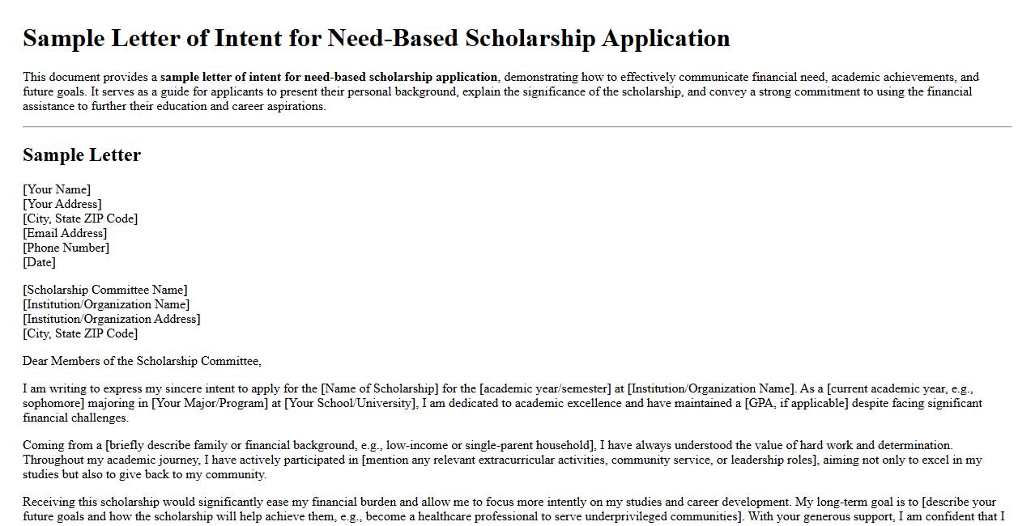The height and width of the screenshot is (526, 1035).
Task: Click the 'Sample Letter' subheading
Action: point(82,155)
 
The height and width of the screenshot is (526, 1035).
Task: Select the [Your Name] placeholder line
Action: point(57,189)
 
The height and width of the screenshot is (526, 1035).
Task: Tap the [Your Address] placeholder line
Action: point(62,204)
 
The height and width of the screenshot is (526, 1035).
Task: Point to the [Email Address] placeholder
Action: point(65,233)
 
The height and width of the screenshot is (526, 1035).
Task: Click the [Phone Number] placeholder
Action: point(66,248)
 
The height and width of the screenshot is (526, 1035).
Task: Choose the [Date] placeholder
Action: point(39,262)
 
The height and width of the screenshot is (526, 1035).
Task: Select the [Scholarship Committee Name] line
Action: point(105,290)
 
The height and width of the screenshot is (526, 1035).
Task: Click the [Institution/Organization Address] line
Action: point(112,319)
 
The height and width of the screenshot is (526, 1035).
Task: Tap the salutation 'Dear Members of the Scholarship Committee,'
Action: point(142,361)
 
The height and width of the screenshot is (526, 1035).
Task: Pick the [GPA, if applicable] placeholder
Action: point(796,403)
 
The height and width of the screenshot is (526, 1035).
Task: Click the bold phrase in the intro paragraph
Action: point(329,78)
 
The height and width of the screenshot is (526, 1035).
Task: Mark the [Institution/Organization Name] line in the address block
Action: point(106,304)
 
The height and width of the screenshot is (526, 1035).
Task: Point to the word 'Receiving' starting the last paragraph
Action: point(49,502)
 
